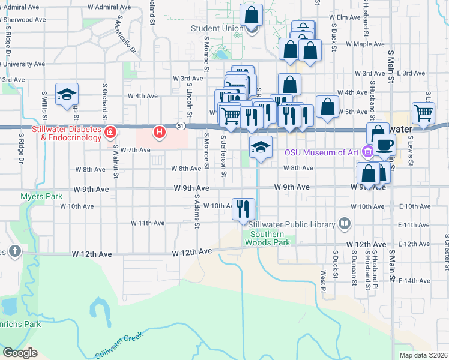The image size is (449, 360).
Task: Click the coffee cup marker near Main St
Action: click(384, 144)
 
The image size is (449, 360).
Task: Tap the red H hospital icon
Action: click(159, 131)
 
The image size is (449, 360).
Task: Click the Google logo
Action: click(20, 352)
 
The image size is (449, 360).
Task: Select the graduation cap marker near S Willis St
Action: click(67, 94)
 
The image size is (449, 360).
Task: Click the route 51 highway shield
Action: click(181, 125)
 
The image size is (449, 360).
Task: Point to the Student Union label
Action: click(217, 28)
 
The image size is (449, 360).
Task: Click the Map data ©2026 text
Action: click(424, 355)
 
